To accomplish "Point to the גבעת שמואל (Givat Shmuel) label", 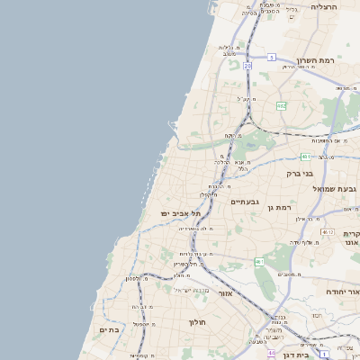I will pyautogui.click(x=335, y=189).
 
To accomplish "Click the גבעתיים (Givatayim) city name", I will pyautogui.click(x=245, y=202).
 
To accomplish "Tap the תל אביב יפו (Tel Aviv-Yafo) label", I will pyautogui.click(x=181, y=213).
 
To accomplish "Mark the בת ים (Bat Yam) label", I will pyautogui.click(x=108, y=330).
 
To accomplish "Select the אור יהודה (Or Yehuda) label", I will pyautogui.click(x=341, y=292).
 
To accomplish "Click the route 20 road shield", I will pyautogui.click(x=247, y=66).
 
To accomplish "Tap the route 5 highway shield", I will pyautogui.click(x=271, y=57).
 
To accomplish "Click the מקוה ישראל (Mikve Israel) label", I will pyautogui.click(x=190, y=290).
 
